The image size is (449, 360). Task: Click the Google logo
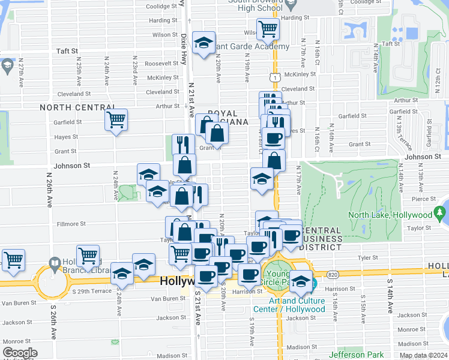[19, 353]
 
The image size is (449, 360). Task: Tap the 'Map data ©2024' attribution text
[422, 355]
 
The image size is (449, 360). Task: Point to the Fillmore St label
[71, 224]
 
